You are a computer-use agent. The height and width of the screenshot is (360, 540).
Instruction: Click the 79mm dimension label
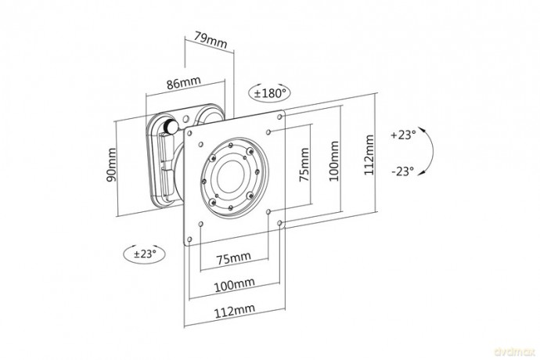[211, 41]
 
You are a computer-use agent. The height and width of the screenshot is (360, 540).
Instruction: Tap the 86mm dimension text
[184, 83]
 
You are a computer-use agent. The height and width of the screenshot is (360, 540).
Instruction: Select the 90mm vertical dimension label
[111, 164]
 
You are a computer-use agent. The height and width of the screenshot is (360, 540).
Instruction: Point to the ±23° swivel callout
[144, 254]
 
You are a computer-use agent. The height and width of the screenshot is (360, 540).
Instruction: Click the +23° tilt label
[403, 135]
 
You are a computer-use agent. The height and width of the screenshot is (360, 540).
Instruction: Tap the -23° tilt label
[402, 171]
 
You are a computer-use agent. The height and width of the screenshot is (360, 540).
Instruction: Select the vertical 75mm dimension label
[304, 164]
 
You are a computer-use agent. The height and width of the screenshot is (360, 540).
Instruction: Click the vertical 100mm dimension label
[333, 161]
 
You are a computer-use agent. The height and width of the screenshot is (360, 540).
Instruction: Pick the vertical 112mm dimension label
[369, 155]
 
